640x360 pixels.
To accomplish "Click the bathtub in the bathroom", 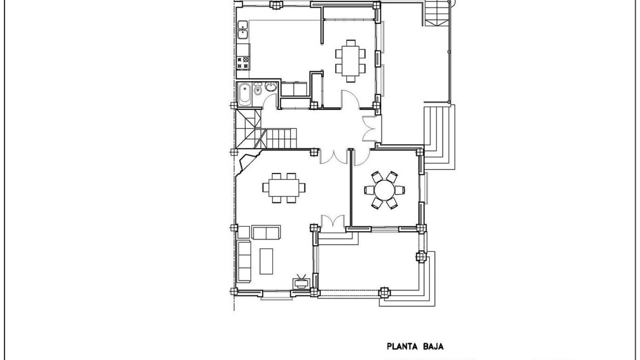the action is point(245,94).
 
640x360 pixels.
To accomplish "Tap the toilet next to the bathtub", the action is point(257,89).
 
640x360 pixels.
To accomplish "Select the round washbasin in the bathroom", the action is point(270,86).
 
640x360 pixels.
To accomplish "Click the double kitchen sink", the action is point(243,29).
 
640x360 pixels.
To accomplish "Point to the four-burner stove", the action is point(243,63).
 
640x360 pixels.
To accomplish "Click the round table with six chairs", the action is point(384,190).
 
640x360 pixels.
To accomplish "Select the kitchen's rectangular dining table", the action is point(350,60).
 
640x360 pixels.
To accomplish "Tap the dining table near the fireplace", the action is point(283,187).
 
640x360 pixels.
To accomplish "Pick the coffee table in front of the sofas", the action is point(266,261).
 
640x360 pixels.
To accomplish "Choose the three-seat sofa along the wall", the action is point(244,261).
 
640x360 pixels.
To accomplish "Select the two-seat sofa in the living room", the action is point(266,232).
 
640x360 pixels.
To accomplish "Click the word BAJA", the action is point(432,346).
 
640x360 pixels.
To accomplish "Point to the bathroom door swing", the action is point(269,101).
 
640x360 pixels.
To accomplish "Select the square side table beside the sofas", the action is point(243,232).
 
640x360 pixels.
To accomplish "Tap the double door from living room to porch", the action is point(332,221).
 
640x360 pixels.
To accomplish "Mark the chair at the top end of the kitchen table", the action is point(350,43).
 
